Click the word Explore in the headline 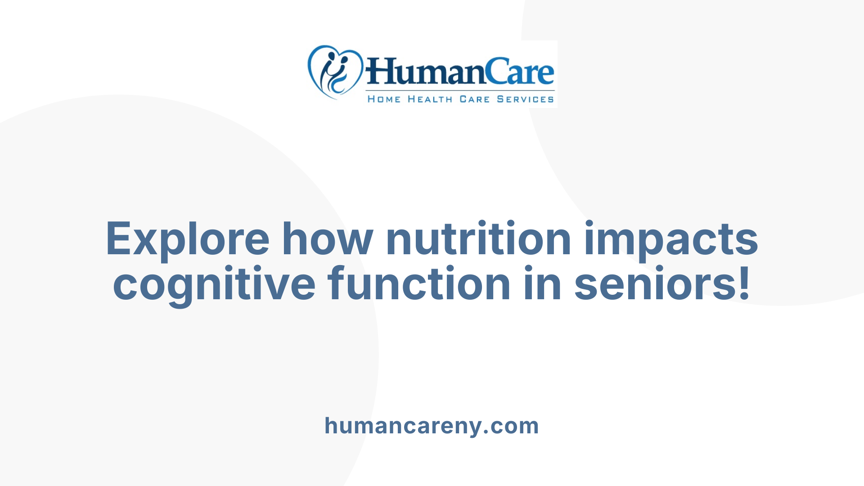(x=187, y=239)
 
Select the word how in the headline (x=327, y=239)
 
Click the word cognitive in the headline (x=214, y=285)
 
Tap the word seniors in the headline (x=654, y=284)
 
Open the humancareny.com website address (x=432, y=426)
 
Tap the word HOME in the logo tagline (x=384, y=99)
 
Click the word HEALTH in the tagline (x=430, y=99)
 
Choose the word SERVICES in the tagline (x=525, y=99)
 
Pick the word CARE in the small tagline (x=474, y=99)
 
